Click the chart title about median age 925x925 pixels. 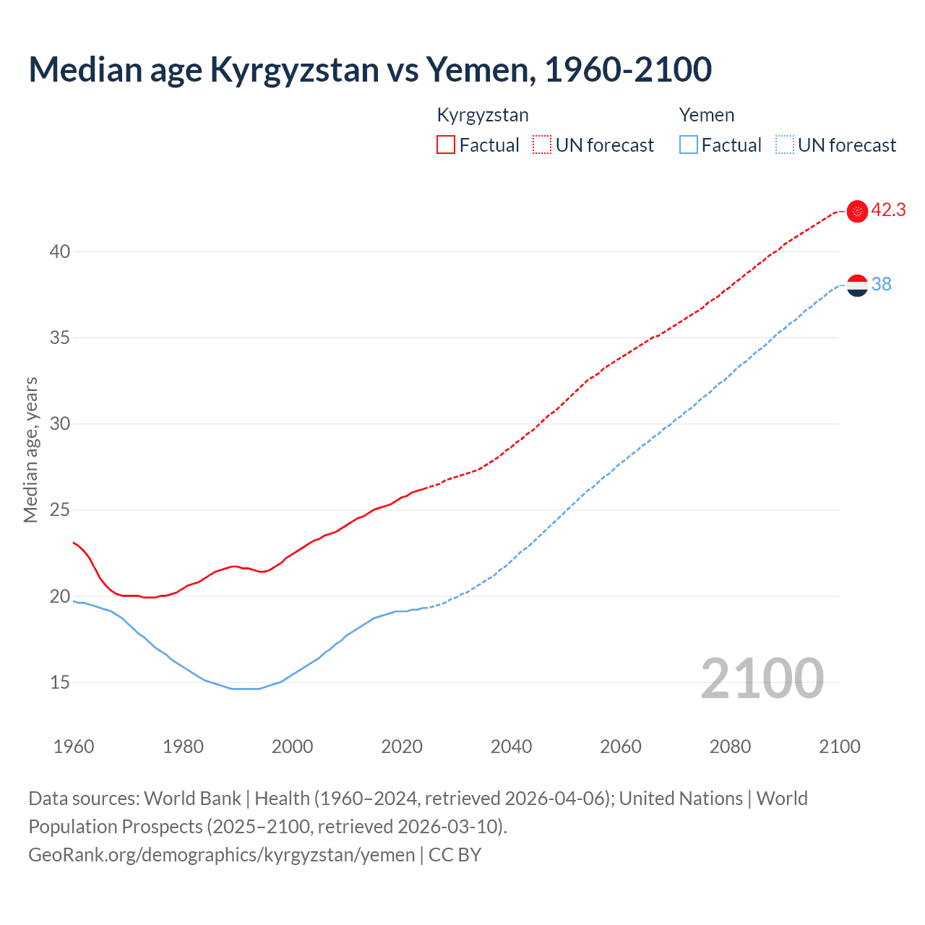(x=370, y=70)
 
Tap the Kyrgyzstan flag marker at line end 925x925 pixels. (x=857, y=211)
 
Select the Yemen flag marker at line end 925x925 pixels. (x=857, y=285)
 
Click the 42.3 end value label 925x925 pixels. (x=888, y=210)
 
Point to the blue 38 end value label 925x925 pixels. (x=882, y=285)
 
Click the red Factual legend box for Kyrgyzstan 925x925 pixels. (x=446, y=145)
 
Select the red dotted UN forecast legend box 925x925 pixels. (x=542, y=145)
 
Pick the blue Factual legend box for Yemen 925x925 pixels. (x=689, y=145)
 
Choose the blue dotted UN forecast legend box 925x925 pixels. (x=784, y=145)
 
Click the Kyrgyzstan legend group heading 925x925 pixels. (x=483, y=116)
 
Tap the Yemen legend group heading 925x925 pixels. (x=706, y=116)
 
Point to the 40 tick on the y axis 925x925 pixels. (x=60, y=251)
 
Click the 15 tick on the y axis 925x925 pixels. (x=60, y=682)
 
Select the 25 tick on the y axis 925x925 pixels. (x=60, y=510)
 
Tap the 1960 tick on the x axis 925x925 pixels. (x=74, y=747)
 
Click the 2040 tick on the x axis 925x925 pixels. (x=511, y=747)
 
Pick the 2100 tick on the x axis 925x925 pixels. (x=839, y=747)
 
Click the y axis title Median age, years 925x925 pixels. (x=30, y=449)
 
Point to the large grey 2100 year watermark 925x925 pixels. (x=762, y=679)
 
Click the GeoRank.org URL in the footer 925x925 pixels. (x=222, y=855)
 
